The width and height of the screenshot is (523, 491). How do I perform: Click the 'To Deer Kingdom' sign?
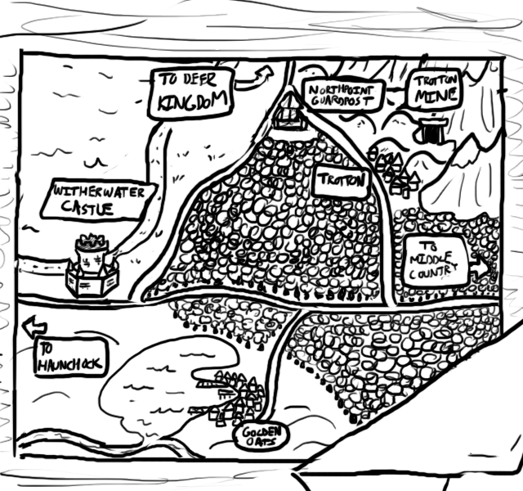(190, 93)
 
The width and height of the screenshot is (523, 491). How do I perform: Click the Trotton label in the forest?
(342, 182)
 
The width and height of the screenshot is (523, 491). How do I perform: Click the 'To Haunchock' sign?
(70, 358)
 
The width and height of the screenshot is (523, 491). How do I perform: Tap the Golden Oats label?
(261, 437)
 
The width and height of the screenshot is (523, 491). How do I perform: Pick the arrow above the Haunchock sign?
(34, 327)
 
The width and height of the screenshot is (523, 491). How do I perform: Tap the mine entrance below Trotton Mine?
(431, 131)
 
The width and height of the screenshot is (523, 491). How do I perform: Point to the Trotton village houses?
(394, 173)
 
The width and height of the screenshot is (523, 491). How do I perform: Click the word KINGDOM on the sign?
(192, 101)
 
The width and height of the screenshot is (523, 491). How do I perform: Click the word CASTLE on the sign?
(87, 209)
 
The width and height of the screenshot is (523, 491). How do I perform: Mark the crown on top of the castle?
(92, 240)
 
